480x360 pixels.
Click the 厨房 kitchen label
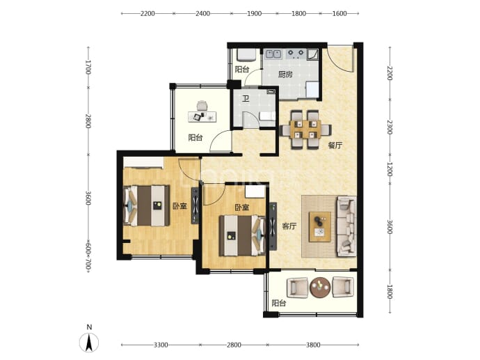(x=285, y=75)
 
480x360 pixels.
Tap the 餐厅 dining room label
(x=335, y=146)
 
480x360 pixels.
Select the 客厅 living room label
(x=289, y=226)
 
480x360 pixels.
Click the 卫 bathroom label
(x=246, y=99)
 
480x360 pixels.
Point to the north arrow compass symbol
(x=89, y=342)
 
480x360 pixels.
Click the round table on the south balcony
(x=320, y=288)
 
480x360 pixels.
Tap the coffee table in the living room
(x=320, y=227)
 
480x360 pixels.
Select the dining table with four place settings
(x=305, y=130)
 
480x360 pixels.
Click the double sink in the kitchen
(x=273, y=54)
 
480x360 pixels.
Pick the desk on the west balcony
(x=202, y=117)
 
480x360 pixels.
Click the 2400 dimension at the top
(x=202, y=13)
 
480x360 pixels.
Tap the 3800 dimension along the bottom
(x=313, y=345)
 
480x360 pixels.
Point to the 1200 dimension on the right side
(x=390, y=169)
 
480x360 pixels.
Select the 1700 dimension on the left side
(x=88, y=67)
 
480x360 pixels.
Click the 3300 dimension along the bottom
(x=161, y=345)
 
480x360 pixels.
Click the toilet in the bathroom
(x=267, y=116)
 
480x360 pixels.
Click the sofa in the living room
(x=346, y=226)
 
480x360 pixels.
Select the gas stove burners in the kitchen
(x=296, y=54)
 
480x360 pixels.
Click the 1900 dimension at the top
(x=254, y=13)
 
